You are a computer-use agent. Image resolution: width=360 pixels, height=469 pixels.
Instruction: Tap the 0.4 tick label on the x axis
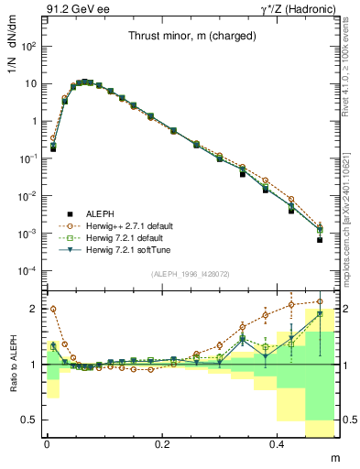pos(279,443)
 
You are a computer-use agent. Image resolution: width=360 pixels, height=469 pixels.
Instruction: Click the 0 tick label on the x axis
pos(47,443)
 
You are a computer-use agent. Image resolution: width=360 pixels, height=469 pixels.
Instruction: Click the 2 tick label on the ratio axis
pos(36,309)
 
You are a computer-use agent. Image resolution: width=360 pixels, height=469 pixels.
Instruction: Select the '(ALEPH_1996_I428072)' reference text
pos(191,274)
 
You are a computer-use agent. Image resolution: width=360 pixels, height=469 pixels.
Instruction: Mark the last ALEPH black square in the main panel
pos(320,240)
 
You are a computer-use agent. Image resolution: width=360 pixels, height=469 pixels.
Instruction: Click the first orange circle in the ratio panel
pos(53,309)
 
